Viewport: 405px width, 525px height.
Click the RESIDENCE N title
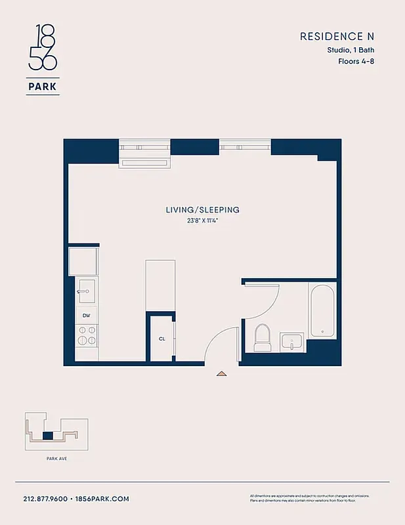(x=337, y=36)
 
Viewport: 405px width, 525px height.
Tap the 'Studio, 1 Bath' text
(x=351, y=50)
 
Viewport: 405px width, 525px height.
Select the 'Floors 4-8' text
(x=356, y=62)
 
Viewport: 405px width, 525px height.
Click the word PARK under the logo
(x=43, y=87)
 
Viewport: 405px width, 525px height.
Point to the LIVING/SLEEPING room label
(x=202, y=210)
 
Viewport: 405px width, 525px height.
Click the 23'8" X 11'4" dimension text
(x=202, y=220)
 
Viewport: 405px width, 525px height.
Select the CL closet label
(x=161, y=339)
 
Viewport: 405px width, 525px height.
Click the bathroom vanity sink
(x=291, y=342)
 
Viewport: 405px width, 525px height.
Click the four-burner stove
(x=86, y=335)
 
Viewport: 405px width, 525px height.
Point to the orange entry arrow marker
(x=222, y=373)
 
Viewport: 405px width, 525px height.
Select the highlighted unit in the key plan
(x=47, y=435)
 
